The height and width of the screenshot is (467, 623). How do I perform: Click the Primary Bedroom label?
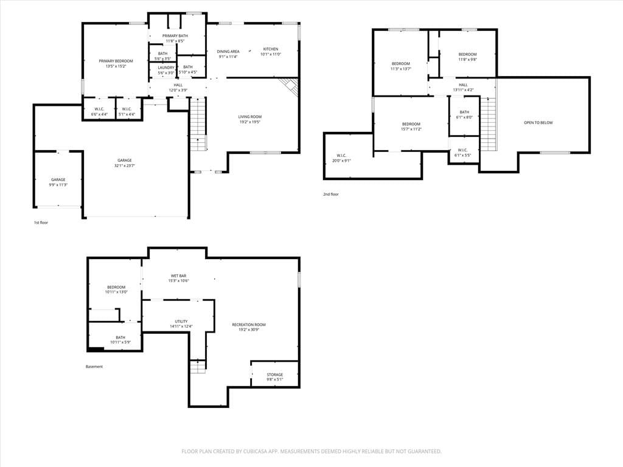pos(116,61)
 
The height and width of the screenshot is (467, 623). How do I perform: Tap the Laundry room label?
pos(166,68)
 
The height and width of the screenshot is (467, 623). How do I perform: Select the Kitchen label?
pos(271,49)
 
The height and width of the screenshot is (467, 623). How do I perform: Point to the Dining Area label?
pos(228,51)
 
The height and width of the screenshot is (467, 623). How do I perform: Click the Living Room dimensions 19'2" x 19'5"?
pos(250,122)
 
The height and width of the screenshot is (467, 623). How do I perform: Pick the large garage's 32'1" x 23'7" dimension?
pos(124,165)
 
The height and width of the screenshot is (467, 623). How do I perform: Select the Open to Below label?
pos(538,123)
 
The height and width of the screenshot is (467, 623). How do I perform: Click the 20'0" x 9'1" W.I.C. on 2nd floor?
pos(341,158)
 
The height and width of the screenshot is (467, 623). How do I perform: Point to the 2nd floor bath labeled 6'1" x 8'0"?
pos(464,115)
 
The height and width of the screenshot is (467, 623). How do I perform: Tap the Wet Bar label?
pos(178,275)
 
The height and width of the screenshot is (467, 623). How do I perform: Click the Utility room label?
pos(181,321)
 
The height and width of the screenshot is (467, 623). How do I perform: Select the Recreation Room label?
pos(249,325)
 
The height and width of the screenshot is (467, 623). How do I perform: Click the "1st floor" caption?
pos(41,223)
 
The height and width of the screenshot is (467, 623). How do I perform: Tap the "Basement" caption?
pos(94,367)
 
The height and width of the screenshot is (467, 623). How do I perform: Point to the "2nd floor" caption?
pos(330,194)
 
